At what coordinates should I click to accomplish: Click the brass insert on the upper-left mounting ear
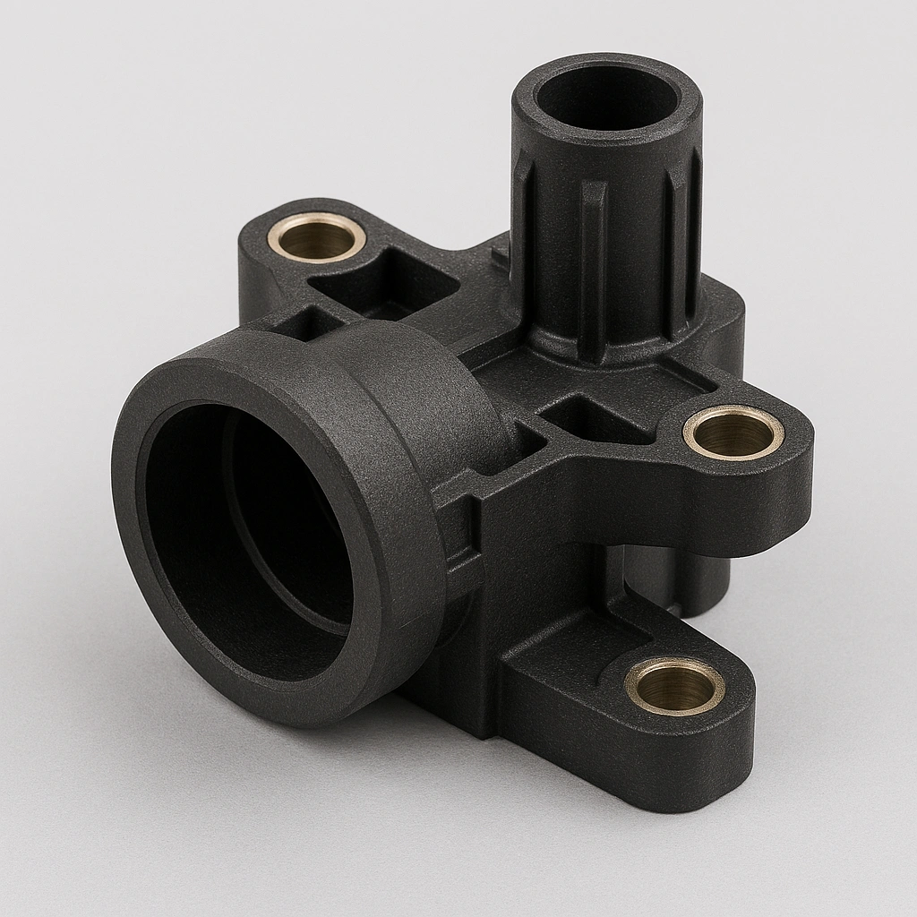tap(316, 238)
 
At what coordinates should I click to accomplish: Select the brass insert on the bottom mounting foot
tap(673, 686)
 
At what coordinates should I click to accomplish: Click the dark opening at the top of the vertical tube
tap(606, 96)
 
